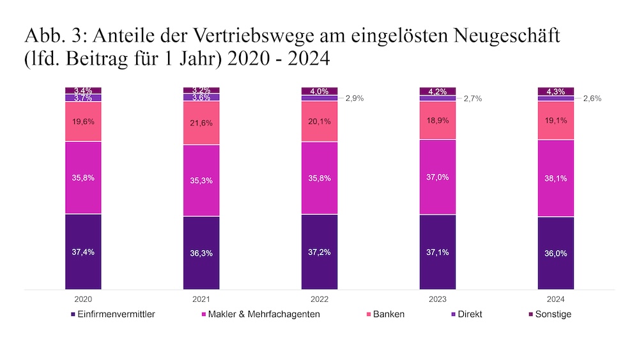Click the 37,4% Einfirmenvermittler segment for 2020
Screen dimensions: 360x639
point(83,251)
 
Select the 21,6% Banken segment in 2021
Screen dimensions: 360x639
point(201,123)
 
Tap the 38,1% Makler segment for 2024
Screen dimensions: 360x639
point(555,178)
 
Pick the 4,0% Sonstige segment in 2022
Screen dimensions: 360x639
point(319,91)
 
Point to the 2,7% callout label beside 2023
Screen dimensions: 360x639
point(473,98)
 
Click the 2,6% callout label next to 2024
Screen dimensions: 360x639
point(592,98)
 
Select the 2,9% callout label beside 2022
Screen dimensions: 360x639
point(355,98)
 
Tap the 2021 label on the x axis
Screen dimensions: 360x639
point(201,299)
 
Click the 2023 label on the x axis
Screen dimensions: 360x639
point(438,299)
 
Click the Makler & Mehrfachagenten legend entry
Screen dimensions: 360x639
point(261,314)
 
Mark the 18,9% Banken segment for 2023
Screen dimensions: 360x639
point(438,120)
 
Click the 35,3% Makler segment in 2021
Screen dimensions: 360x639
point(201,180)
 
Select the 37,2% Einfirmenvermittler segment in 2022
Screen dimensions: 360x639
point(319,252)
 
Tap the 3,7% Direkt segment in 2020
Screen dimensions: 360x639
point(83,98)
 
